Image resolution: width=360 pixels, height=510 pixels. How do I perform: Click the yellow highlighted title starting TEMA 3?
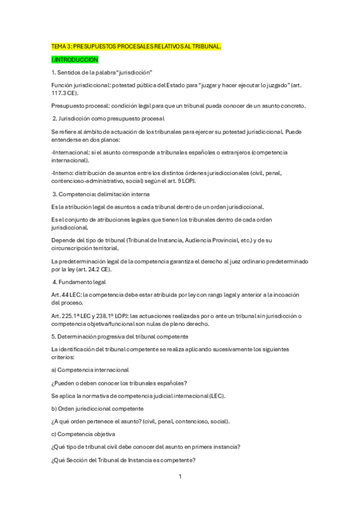[136, 46]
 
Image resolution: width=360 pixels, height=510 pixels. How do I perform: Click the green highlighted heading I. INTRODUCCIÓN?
[75, 60]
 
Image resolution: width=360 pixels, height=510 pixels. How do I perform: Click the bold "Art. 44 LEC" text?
[66, 295]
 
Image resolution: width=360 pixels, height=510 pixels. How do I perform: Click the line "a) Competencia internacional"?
[90, 369]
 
